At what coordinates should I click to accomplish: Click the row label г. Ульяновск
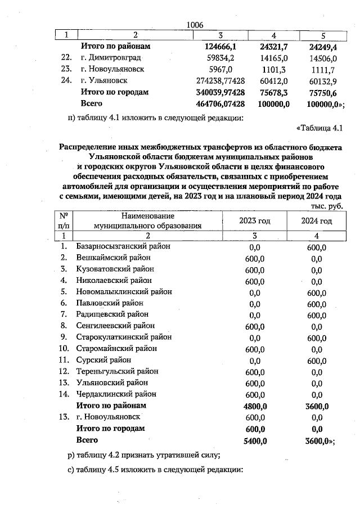[x=104, y=81]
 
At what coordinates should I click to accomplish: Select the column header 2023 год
[x=254, y=221]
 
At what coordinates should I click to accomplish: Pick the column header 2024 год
[x=316, y=221]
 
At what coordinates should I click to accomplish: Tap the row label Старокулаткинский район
[x=124, y=337]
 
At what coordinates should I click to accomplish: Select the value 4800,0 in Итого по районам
[x=255, y=406]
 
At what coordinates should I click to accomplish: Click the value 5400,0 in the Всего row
[x=255, y=440]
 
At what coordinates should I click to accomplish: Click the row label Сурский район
[x=103, y=360]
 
